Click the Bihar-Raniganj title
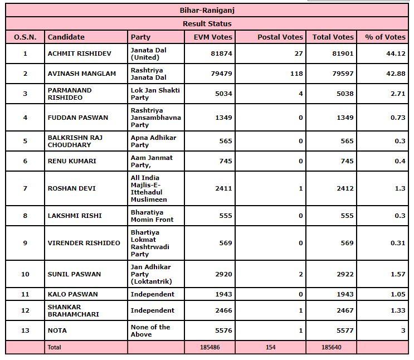(x=207, y=10)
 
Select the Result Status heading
(x=207, y=23)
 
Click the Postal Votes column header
(x=280, y=37)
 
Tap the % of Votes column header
(x=385, y=37)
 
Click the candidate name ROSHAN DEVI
(x=71, y=188)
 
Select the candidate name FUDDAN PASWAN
(x=77, y=118)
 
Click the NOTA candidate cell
(x=57, y=330)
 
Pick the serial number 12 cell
(x=25, y=310)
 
